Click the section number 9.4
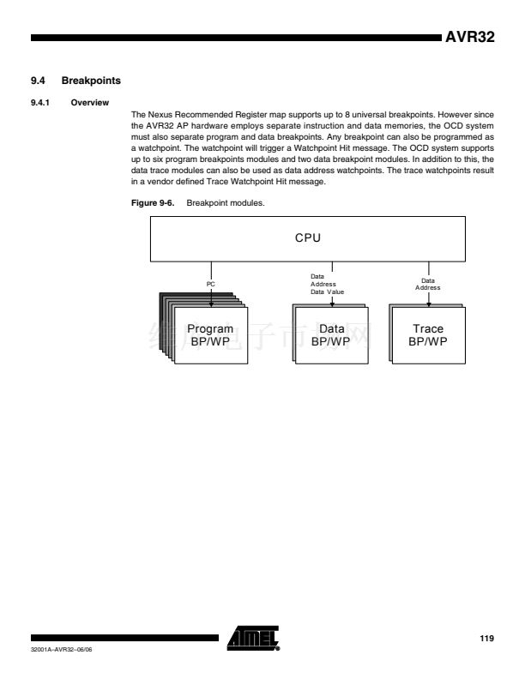coord(38,81)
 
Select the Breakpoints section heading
coord(91,81)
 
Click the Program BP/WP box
coord(210,334)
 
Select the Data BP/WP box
coord(331,334)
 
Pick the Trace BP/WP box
coord(427,334)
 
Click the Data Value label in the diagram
coord(327,292)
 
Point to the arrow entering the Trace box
coord(427,298)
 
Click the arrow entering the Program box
coord(210,296)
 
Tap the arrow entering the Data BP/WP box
coord(331,301)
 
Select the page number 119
coord(485,639)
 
